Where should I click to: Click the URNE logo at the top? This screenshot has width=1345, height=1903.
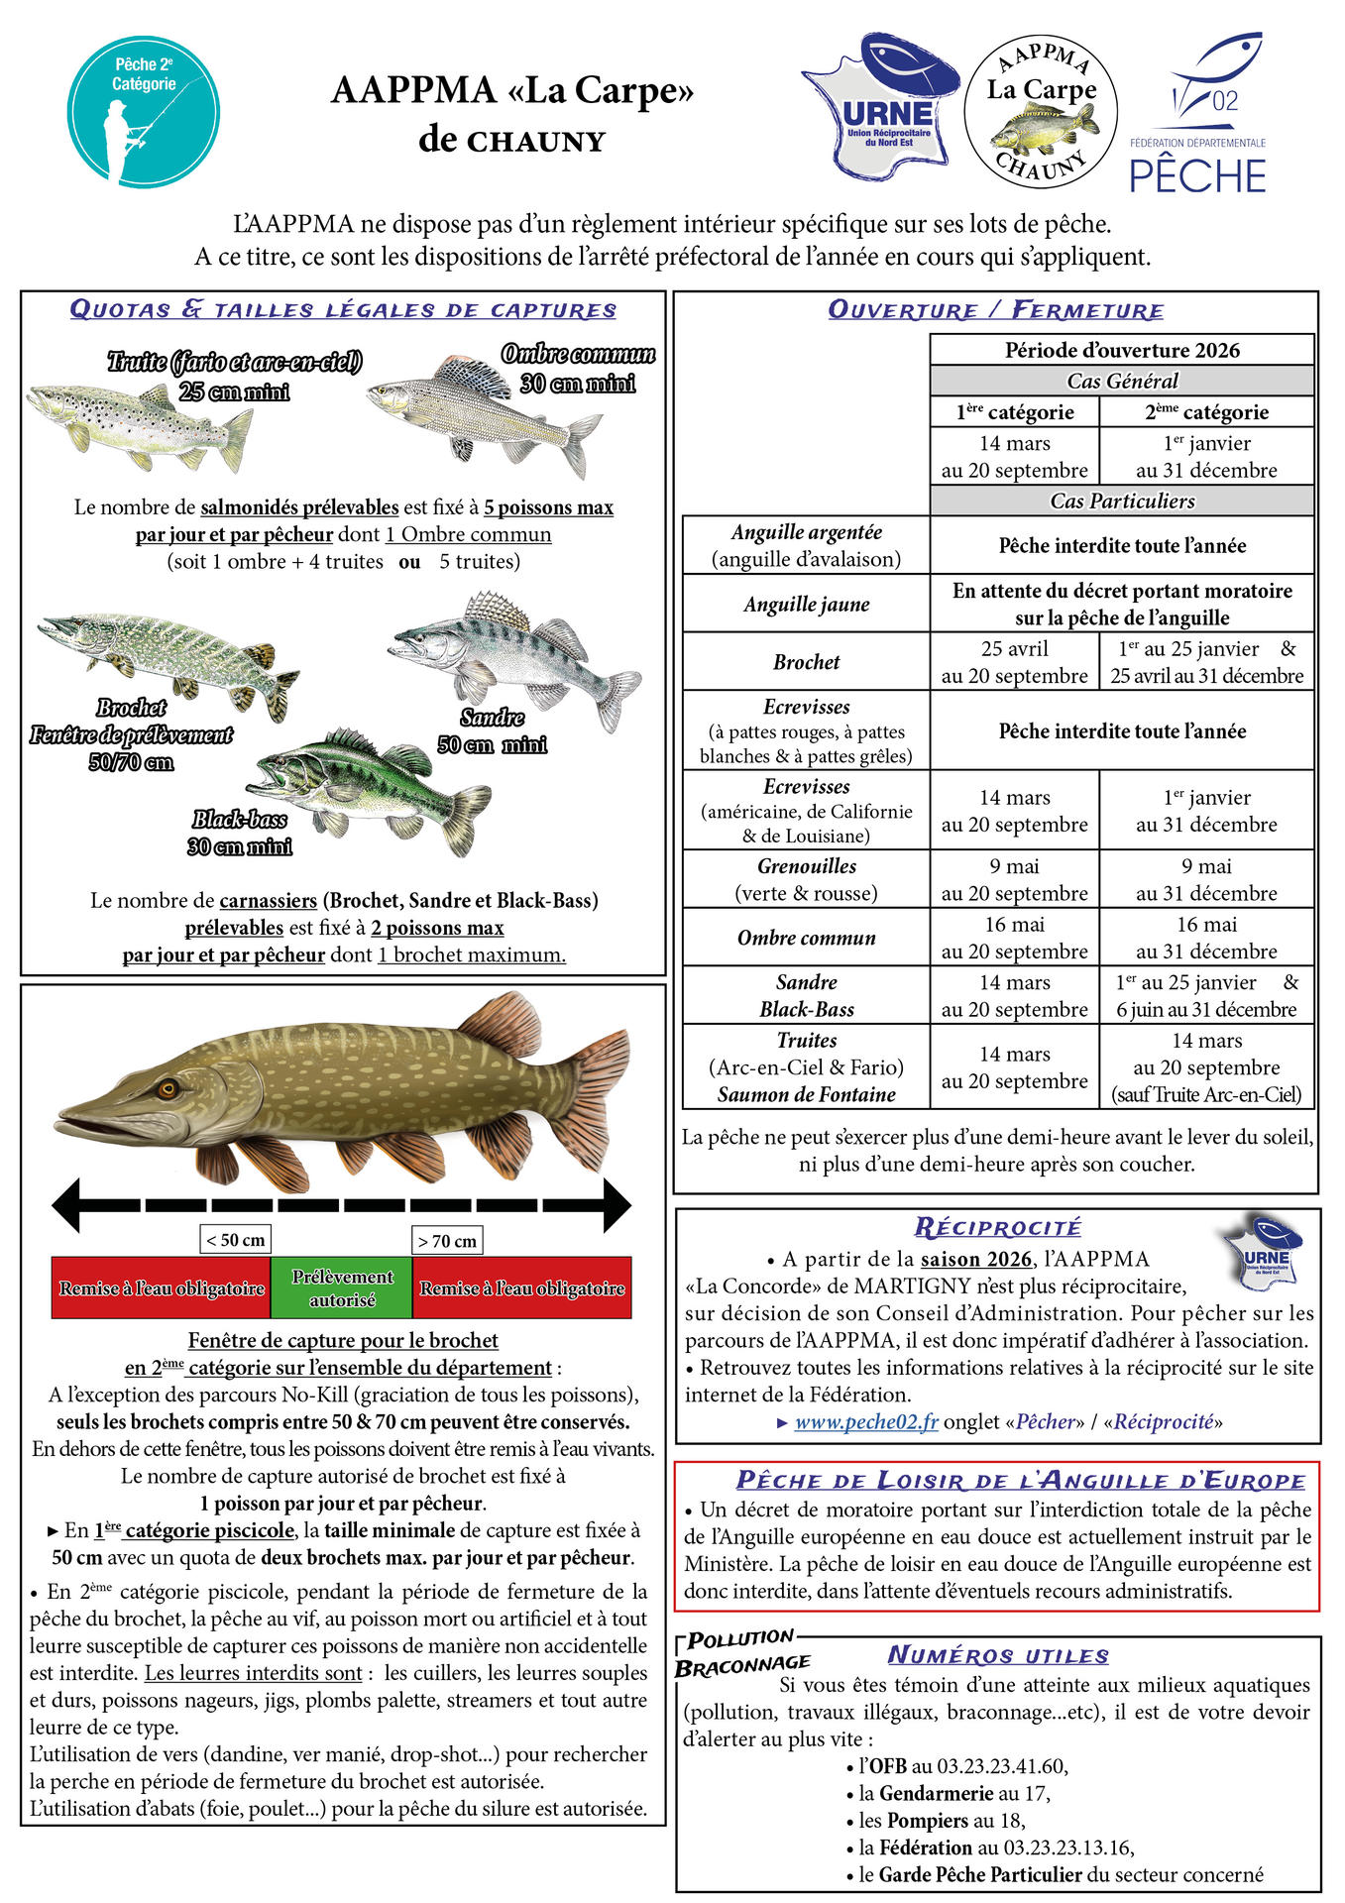(x=880, y=107)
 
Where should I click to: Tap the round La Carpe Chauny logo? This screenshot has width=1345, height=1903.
(x=1041, y=110)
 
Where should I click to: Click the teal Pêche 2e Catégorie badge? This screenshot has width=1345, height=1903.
(x=144, y=112)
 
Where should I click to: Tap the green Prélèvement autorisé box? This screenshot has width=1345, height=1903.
(x=341, y=1287)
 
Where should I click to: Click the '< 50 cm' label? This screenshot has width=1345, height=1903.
(x=235, y=1240)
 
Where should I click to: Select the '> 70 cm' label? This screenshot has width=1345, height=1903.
(x=447, y=1240)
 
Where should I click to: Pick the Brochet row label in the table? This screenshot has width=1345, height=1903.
(x=806, y=662)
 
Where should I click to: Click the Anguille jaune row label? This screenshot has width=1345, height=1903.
(x=806, y=604)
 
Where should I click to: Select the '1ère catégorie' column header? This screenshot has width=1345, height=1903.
(x=1014, y=412)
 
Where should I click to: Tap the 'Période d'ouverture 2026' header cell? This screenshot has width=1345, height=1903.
(x=1121, y=350)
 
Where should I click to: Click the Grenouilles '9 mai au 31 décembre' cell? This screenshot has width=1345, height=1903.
(x=1206, y=879)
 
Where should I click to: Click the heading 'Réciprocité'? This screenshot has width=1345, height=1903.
(x=997, y=1227)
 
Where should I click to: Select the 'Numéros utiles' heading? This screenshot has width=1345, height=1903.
(x=997, y=1655)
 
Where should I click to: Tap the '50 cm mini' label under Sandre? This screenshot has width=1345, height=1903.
(x=492, y=744)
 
